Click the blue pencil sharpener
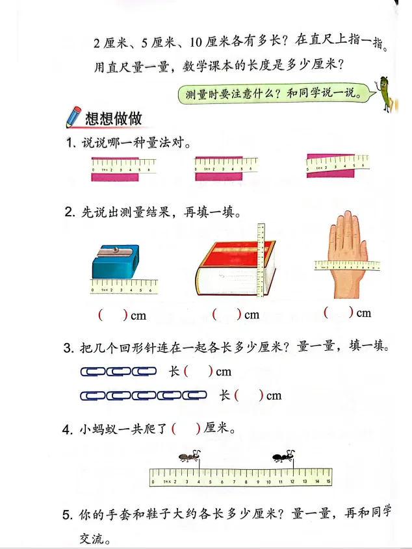[116, 262]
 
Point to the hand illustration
[346, 250]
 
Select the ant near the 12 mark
[283, 457]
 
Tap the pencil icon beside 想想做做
[73, 117]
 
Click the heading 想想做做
[114, 118]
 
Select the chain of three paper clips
[118, 372]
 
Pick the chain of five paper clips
[143, 395]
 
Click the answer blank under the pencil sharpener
[112, 316]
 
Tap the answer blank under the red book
[227, 315]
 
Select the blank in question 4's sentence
[186, 429]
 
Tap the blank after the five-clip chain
[249, 395]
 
